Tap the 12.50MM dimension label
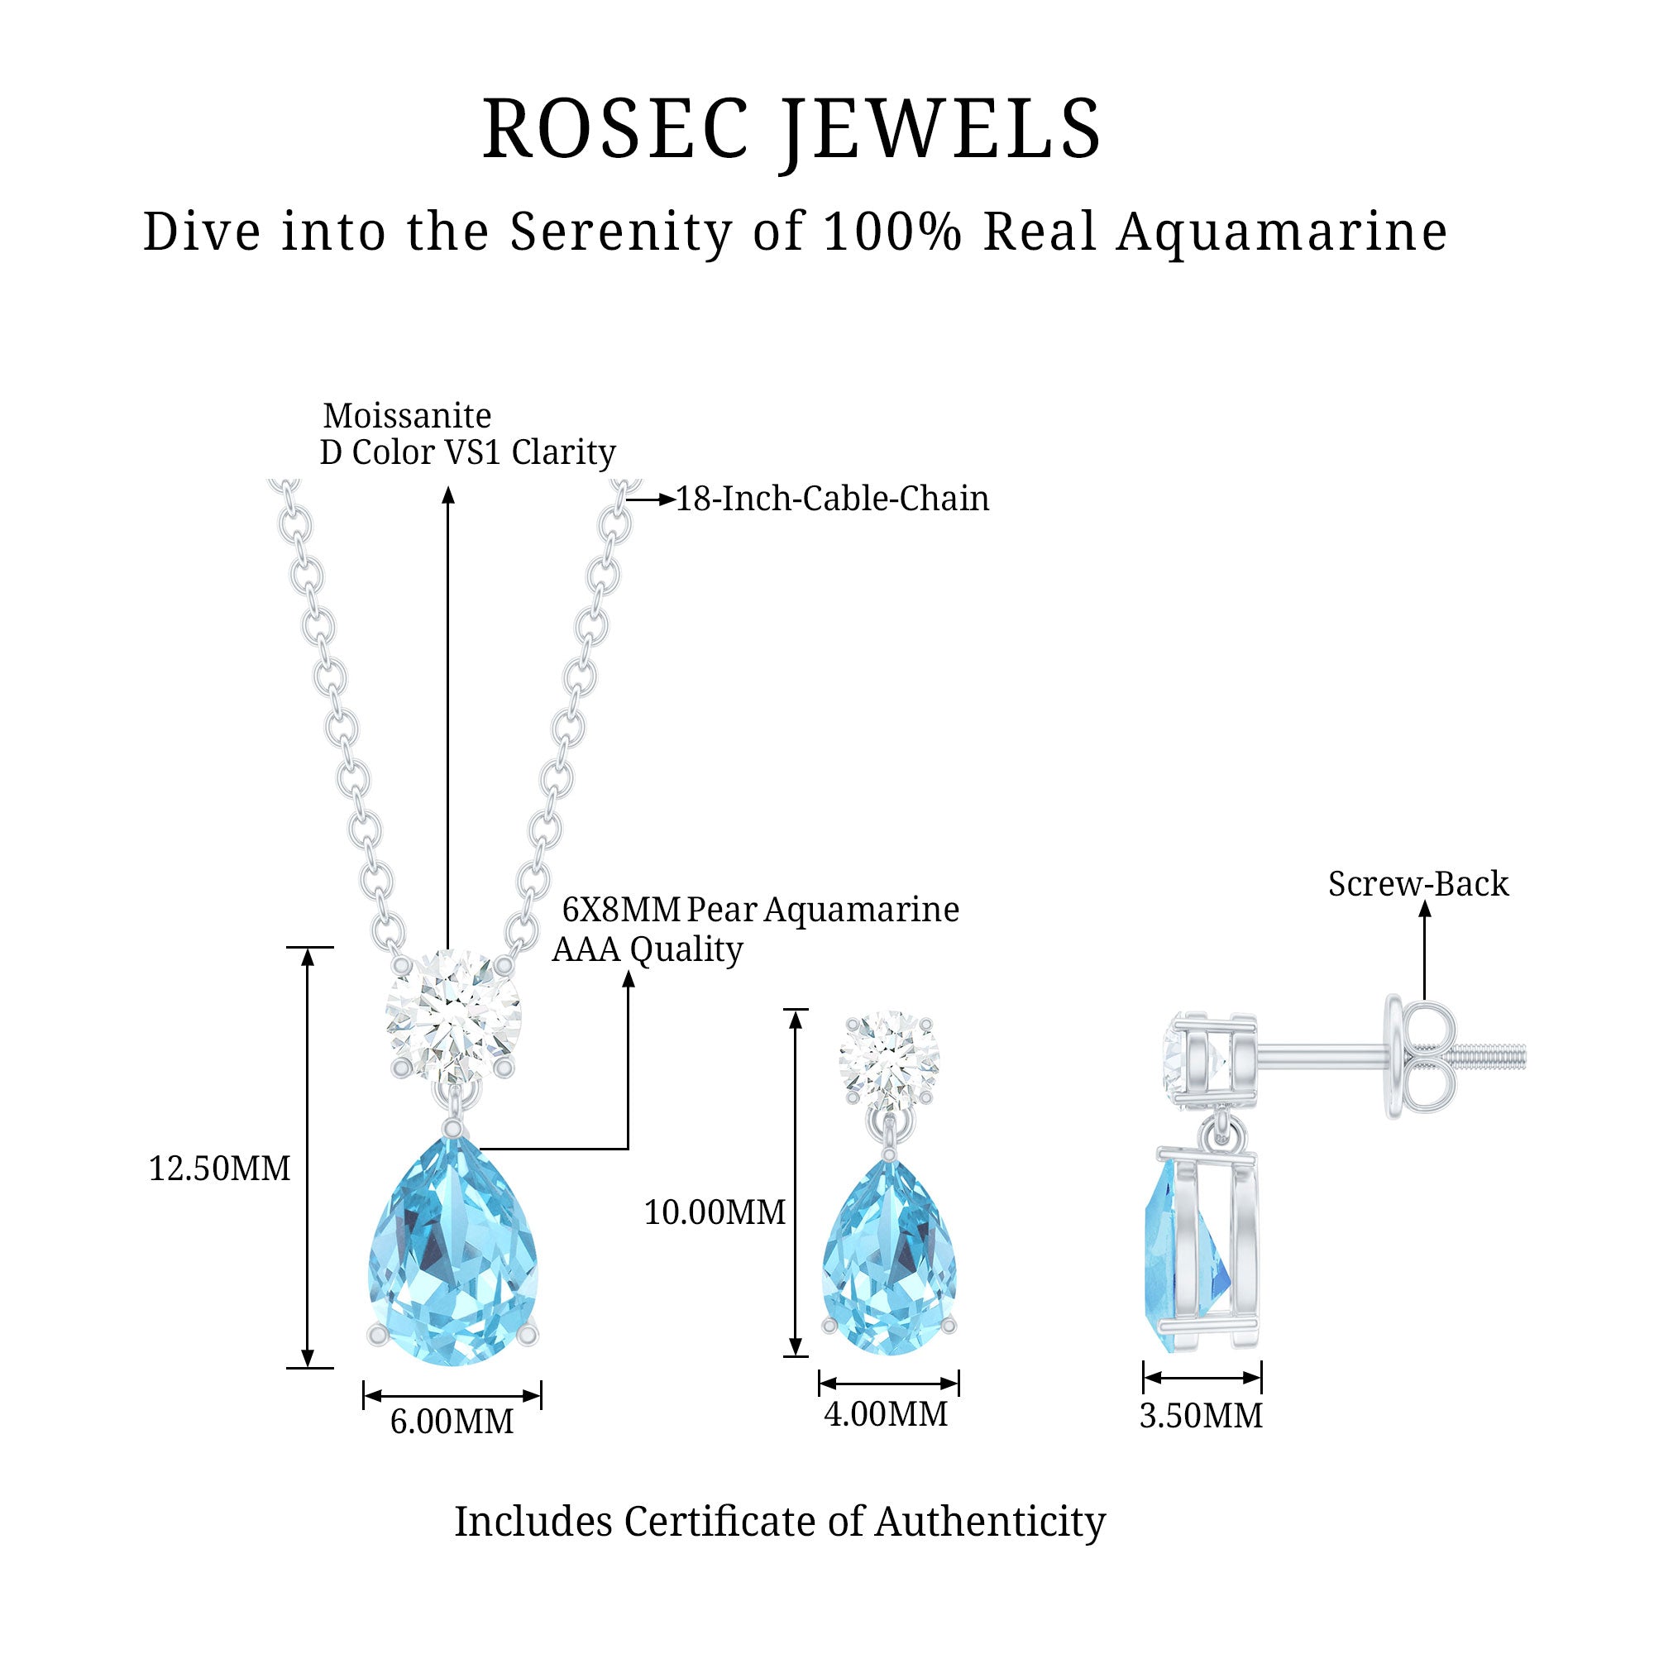tap(219, 1169)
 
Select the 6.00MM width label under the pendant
tap(452, 1422)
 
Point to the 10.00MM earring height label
tap(714, 1212)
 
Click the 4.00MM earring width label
tap(886, 1414)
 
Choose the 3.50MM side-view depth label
tap(1201, 1416)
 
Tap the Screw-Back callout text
tap(1417, 884)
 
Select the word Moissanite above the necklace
tap(408, 416)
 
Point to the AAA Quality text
tap(648, 949)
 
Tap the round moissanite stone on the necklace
tap(453, 1016)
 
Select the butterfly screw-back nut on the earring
tap(1421, 1059)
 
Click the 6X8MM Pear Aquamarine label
tap(760, 910)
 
